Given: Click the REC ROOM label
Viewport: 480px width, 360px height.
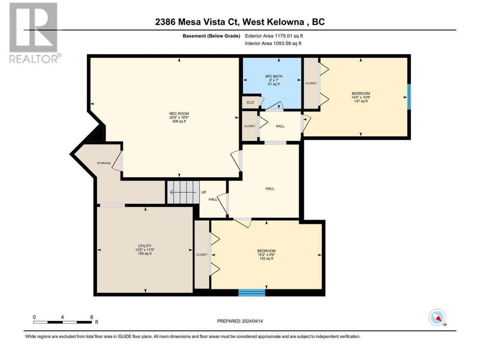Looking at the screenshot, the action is pyautogui.click(x=179, y=114).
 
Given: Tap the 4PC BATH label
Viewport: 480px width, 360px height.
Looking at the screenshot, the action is pyautogui.click(x=274, y=76).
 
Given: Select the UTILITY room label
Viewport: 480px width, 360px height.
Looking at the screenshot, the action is pyautogui.click(x=144, y=246).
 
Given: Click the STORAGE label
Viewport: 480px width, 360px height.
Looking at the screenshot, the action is pyautogui.click(x=104, y=163).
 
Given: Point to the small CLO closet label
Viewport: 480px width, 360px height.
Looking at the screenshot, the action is pyautogui.click(x=250, y=102).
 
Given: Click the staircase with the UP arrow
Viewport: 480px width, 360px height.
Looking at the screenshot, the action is pyautogui.click(x=183, y=192).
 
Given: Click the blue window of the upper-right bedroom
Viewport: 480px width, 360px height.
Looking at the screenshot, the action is pyautogui.click(x=409, y=97).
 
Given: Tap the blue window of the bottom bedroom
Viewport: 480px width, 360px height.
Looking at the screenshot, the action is pyautogui.click(x=252, y=293).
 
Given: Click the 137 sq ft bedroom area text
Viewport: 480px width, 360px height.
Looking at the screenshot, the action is pyautogui.click(x=361, y=101).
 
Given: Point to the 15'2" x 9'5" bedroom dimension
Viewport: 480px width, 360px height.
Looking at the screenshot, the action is pyautogui.click(x=266, y=255).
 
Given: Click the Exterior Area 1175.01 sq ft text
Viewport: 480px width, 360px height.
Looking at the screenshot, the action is pyautogui.click(x=274, y=36).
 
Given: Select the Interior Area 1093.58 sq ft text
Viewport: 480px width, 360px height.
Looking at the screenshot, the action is pyautogui.click(x=273, y=43).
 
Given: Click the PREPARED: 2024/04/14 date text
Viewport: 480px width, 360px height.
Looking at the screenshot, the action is pyautogui.click(x=240, y=321).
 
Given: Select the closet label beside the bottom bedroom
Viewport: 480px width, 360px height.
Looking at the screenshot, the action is pyautogui.click(x=202, y=254).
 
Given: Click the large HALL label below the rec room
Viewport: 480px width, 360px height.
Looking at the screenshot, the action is pyautogui.click(x=270, y=189).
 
